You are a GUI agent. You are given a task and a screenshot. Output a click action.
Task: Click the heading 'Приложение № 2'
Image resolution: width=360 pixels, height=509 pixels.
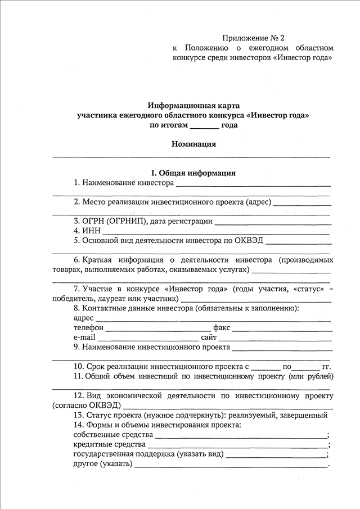(x=254, y=38)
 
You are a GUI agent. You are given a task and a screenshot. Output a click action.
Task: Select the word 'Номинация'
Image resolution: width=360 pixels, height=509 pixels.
(x=193, y=144)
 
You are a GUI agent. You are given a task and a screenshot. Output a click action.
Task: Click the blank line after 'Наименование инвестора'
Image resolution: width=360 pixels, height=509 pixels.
(x=253, y=184)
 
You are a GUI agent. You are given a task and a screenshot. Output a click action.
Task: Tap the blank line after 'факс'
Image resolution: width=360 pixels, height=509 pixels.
(x=281, y=329)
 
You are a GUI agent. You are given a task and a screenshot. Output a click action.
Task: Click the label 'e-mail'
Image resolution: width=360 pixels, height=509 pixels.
(x=84, y=337)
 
